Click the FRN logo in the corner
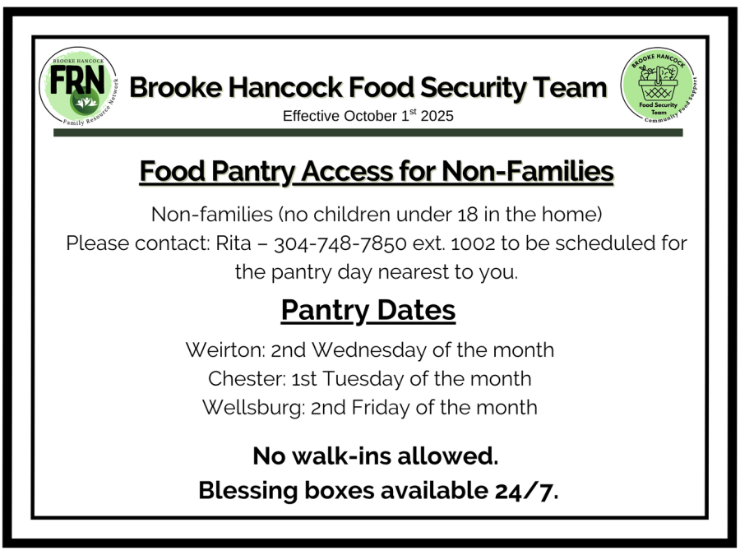(79, 86)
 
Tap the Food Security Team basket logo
(659, 86)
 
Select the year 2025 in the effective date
(437, 116)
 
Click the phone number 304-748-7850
(340, 244)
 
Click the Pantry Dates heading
(368, 311)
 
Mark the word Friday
(381, 408)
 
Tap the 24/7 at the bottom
(526, 492)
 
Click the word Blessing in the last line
(247, 491)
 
